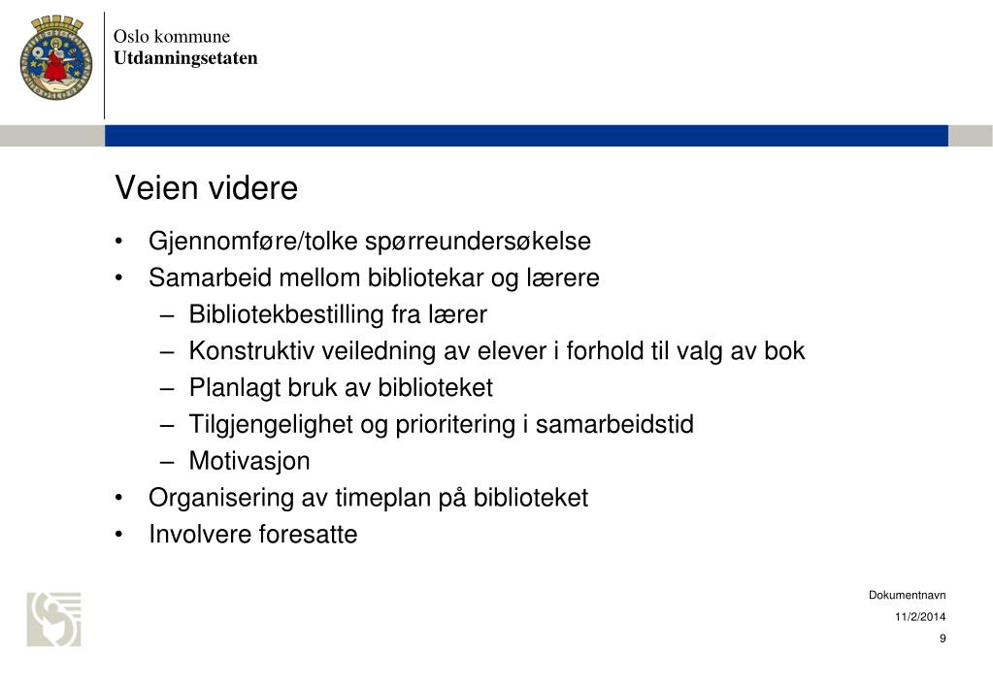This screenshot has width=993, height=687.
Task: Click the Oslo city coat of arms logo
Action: click(53, 58)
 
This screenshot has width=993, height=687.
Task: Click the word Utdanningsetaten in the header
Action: click(185, 58)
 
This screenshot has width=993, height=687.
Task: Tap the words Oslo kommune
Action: click(171, 37)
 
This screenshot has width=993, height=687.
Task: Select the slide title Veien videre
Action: click(206, 188)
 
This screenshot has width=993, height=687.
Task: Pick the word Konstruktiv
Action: click(246, 351)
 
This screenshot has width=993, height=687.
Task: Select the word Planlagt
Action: click(233, 388)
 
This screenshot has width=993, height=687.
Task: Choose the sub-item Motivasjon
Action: click(248, 461)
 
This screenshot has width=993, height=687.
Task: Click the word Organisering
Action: click(219, 499)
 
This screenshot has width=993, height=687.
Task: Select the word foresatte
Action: click(308, 535)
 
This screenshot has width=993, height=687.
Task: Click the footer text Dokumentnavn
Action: click(907, 596)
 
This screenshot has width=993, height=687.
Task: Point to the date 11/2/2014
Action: click(920, 617)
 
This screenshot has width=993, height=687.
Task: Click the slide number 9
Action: click(943, 638)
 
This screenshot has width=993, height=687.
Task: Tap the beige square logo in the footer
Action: click(53, 619)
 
